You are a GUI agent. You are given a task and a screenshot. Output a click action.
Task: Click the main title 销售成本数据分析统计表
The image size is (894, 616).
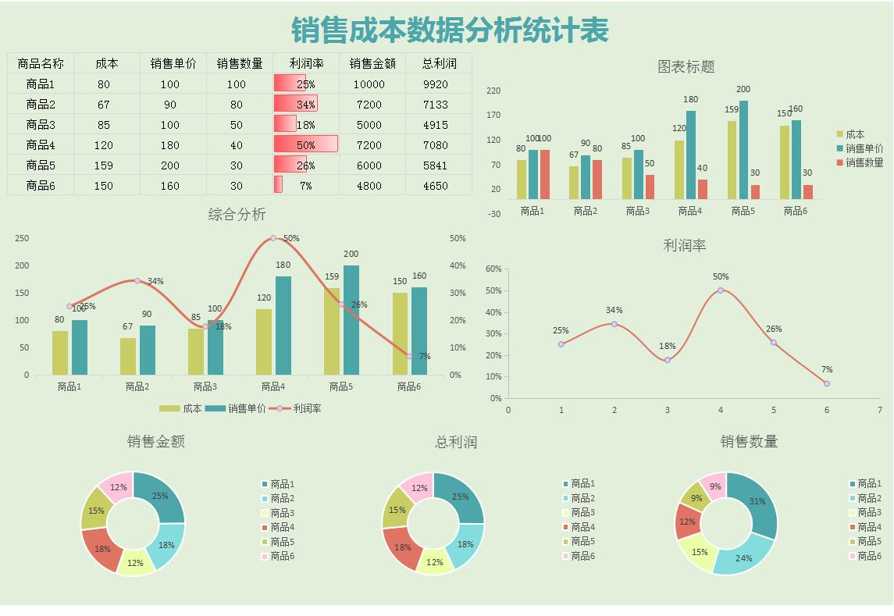[x=450, y=30]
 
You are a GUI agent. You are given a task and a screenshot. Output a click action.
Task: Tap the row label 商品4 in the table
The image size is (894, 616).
[x=41, y=145]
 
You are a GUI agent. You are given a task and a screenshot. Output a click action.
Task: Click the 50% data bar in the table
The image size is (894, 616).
[x=305, y=144]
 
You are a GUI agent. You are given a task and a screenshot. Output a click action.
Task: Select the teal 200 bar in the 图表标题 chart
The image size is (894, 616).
[x=743, y=150]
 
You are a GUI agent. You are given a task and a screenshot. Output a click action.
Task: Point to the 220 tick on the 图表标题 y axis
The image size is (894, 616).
[x=493, y=91]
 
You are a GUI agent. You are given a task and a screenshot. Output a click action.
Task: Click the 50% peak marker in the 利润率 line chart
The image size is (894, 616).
[x=721, y=290]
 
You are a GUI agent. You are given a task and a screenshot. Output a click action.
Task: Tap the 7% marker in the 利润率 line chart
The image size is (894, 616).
[x=827, y=383]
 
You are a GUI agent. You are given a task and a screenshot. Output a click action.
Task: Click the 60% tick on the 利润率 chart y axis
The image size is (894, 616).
[x=493, y=269]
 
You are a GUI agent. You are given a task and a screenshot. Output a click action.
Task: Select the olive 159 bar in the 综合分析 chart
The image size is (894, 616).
[x=332, y=331]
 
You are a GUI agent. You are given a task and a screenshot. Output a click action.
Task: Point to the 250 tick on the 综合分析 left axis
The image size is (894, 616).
[x=22, y=238]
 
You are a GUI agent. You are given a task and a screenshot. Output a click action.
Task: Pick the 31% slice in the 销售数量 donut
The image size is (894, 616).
[x=757, y=502]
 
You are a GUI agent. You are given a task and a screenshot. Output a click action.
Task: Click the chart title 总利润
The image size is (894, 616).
[x=456, y=442]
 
